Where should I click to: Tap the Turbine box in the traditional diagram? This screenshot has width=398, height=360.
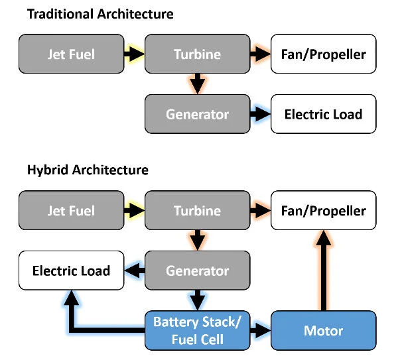[197, 54]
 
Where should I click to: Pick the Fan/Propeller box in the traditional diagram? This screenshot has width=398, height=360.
[323, 54]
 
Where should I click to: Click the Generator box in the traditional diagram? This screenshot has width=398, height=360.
[197, 113]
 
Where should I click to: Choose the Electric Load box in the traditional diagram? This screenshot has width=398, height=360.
[323, 113]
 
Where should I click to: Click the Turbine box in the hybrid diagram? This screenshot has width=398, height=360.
[197, 211]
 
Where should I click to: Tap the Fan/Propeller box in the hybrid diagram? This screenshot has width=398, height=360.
[323, 211]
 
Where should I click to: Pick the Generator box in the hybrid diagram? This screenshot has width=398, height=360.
[197, 270]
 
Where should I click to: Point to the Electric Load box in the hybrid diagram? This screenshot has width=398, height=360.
[72, 270]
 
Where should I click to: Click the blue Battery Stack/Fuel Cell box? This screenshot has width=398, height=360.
[197, 330]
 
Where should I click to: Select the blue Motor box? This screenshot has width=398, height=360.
[323, 330]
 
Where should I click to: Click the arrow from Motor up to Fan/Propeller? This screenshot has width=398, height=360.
[323, 272]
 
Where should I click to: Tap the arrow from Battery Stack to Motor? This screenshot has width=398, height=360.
[260, 330]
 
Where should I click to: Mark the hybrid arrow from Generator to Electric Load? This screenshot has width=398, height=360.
[136, 270]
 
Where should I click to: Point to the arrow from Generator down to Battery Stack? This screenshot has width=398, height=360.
[197, 300]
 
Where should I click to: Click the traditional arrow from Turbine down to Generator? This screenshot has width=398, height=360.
[197, 84]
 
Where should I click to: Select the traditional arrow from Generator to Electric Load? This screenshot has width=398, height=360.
[259, 113]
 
